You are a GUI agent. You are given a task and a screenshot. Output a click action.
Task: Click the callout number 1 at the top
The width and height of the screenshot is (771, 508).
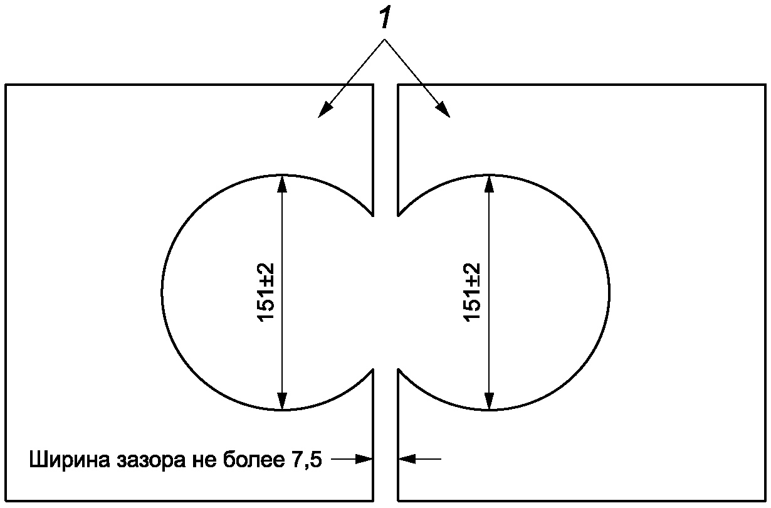tap(385, 19)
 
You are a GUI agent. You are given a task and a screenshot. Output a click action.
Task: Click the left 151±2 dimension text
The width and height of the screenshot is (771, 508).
tap(266, 292)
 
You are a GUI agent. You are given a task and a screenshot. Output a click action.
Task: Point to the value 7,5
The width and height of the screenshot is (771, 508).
tap(306, 461)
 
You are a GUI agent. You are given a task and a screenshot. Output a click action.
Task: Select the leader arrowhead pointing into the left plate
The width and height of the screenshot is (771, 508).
tap(325, 110)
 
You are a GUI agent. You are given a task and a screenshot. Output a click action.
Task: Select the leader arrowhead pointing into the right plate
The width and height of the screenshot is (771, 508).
tap(444, 110)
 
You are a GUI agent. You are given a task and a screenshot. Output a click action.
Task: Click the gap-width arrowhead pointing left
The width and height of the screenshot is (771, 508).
tap(406, 459)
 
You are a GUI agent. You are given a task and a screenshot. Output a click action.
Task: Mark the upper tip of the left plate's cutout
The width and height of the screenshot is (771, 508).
tap(373, 214)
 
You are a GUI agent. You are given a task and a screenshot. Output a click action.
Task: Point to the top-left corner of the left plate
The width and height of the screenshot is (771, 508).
tap(6, 85)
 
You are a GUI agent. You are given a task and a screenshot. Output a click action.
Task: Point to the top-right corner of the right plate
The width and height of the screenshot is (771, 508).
tap(765, 85)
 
